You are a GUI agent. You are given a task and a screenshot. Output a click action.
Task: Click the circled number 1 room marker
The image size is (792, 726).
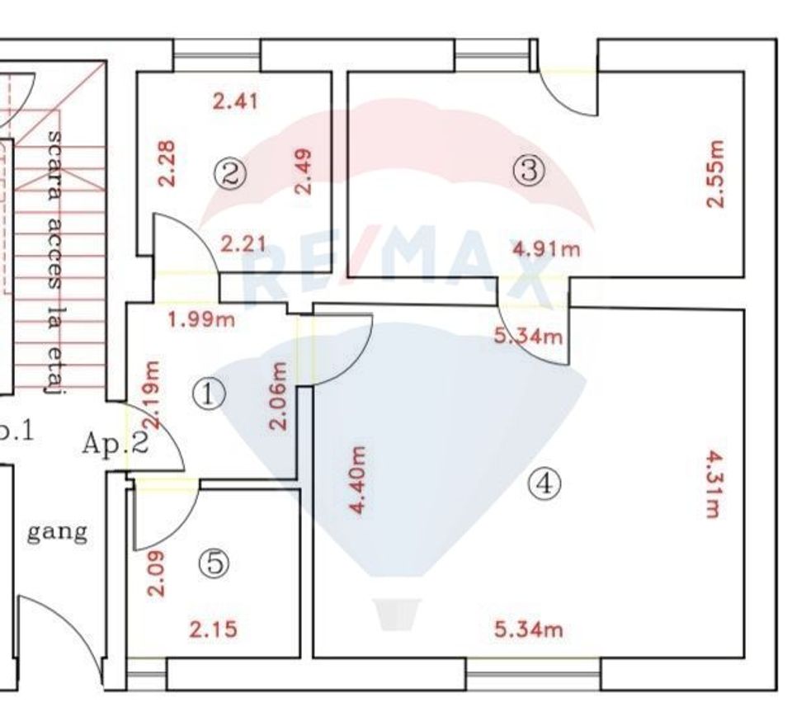pos(209,394)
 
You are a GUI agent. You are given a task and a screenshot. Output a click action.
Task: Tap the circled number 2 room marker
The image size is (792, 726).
pos(231,173)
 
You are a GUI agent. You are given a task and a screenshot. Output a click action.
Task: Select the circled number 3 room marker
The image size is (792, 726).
pos(529,171)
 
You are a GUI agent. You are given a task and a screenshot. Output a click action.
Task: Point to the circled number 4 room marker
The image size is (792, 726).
pos(544,483)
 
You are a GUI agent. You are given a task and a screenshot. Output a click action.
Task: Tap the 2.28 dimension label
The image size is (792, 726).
pos(166,163)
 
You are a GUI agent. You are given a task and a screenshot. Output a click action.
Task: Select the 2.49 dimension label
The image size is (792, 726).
pos(304,172)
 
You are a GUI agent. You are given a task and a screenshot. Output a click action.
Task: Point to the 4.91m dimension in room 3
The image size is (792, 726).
pos(546,248)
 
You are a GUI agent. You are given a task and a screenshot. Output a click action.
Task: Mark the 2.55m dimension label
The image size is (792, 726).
pos(715,174)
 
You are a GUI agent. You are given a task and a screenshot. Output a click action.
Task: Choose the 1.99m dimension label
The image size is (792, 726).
pos(200,319)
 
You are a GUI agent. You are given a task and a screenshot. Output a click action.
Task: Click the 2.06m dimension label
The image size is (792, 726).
pos(280,396)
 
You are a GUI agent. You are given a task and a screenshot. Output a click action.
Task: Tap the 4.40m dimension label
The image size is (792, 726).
pos(357,480)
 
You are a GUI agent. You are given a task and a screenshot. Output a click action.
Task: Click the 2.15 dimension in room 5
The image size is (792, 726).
pos(214,629)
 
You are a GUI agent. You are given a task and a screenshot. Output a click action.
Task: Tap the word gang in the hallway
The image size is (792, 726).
pos(57,533)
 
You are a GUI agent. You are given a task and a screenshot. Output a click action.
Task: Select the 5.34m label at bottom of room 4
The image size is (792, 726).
pos(529,630)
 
